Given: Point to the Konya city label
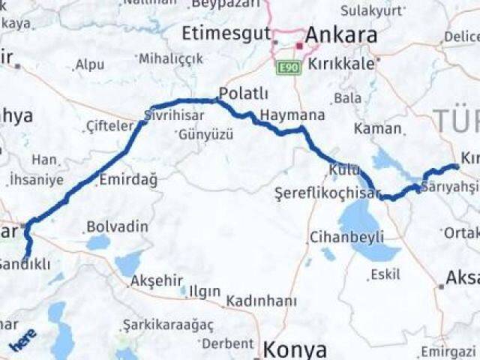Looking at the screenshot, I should [x=295, y=349].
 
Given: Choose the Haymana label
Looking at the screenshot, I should [x=292, y=116].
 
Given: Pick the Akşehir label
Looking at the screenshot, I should [x=157, y=281].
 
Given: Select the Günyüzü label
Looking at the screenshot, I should [x=205, y=136].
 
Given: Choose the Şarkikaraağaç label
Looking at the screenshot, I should [x=169, y=325].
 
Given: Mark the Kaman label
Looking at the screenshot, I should [x=377, y=129].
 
